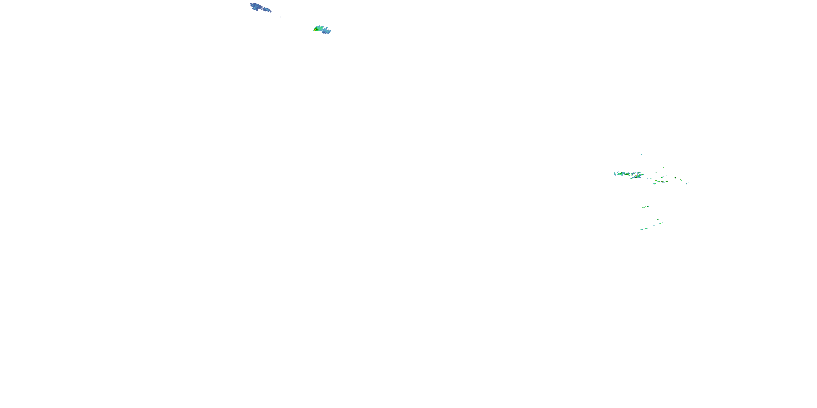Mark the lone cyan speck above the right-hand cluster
(642, 154)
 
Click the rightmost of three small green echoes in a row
(667, 181)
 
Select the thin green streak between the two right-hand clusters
(646, 206)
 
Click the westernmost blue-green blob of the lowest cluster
(642, 229)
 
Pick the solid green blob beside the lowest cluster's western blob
(646, 228)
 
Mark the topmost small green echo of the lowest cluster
(657, 220)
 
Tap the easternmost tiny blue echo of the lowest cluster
(662, 223)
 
